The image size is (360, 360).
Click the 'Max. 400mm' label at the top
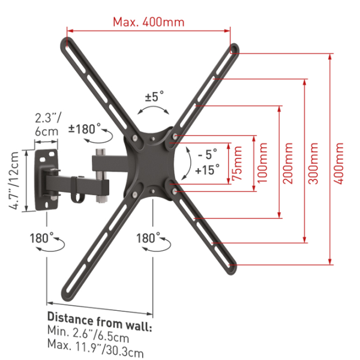click(149, 22)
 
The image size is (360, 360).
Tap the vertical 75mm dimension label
click(237, 163)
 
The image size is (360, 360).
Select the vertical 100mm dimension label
click(262, 163)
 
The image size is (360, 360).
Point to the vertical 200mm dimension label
click(287, 163)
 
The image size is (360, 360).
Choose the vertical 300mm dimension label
click(313, 163)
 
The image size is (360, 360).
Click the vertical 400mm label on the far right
click(338, 163)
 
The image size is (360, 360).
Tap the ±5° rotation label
click(155, 96)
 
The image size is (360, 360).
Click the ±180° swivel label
click(85, 128)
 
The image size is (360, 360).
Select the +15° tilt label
click(208, 170)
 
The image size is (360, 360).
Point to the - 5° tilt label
click(208, 154)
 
